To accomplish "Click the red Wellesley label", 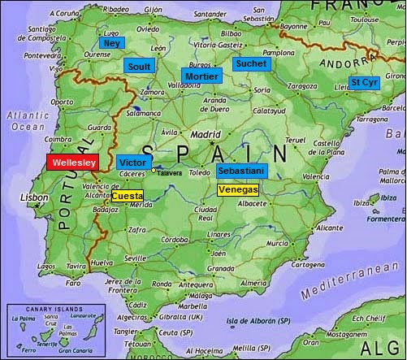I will (x=73, y=162).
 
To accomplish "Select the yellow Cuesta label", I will (x=127, y=196).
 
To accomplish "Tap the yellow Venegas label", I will (x=238, y=189).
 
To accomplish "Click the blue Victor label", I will (x=132, y=162).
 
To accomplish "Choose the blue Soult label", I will (x=138, y=65).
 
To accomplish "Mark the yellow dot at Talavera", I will (x=154, y=170).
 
